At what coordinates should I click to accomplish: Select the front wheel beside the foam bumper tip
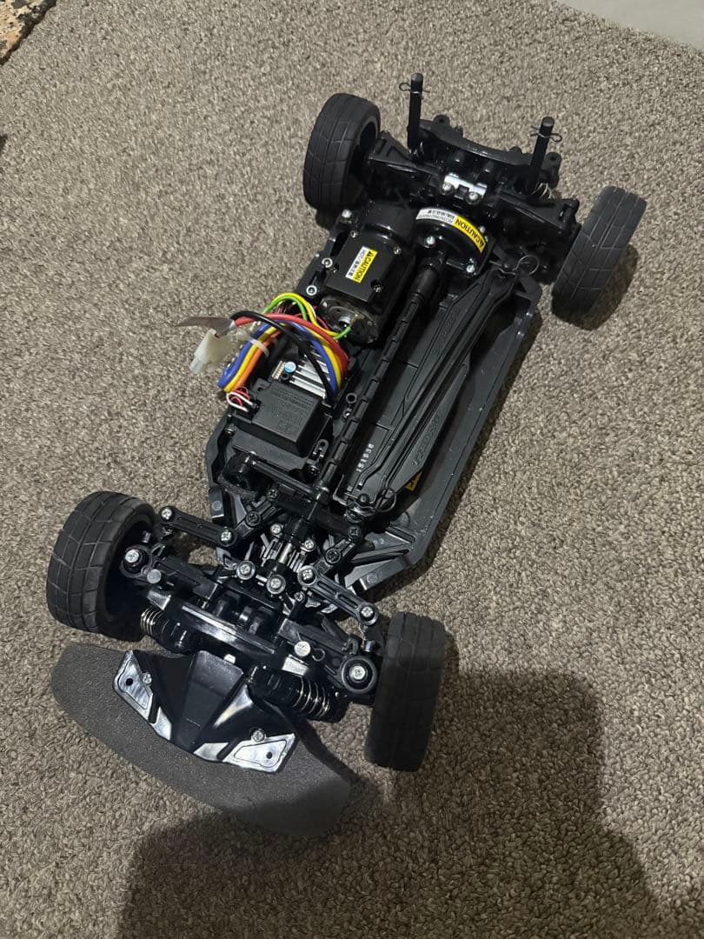pyautogui.click(x=98, y=560)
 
